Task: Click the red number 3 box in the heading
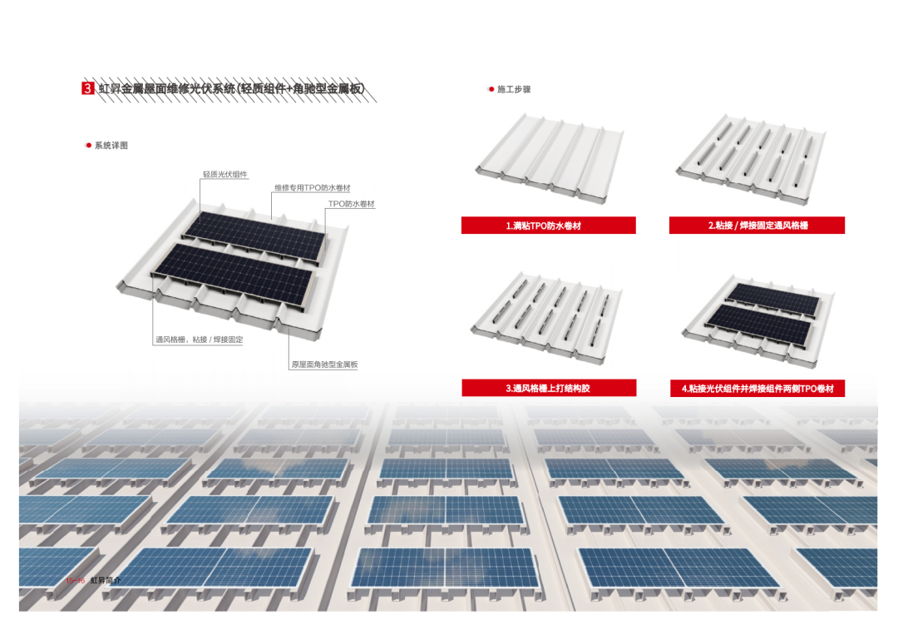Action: [87, 88]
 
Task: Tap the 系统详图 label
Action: [111, 146]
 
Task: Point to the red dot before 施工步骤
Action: [491, 89]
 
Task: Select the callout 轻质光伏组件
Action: [225, 175]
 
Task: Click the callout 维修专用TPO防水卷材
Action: [312, 188]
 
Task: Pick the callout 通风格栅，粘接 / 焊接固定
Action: [199, 340]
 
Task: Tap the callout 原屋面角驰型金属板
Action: [324, 365]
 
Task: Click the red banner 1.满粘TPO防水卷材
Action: [549, 226]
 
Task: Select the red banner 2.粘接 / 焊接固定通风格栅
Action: [757, 226]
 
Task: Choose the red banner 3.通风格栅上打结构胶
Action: [549, 388]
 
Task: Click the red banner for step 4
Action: [757, 388]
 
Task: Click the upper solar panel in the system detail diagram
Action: [254, 230]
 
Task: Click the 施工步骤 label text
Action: [514, 89]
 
